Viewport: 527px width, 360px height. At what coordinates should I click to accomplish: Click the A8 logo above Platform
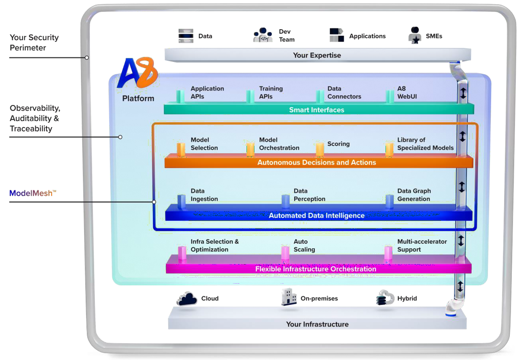137,73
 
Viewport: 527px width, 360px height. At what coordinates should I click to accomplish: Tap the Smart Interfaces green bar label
316,110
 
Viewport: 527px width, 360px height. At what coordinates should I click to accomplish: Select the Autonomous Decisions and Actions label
316,162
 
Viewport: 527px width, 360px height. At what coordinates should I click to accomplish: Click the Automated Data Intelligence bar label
316,216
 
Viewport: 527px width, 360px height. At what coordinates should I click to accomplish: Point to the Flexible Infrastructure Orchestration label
315,269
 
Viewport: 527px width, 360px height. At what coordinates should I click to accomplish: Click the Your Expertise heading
317,55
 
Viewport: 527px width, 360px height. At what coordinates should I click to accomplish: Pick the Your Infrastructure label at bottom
317,324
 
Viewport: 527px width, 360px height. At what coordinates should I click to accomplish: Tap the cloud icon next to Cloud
187,299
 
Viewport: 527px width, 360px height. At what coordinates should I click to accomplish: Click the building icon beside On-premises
289,297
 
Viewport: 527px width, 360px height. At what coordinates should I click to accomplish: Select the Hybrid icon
385,298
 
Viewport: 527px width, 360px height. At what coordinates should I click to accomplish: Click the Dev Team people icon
263,35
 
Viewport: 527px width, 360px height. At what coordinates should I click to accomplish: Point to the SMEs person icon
415,35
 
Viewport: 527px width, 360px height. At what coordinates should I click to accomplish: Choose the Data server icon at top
186,36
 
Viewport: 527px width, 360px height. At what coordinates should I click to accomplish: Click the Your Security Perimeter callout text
34,43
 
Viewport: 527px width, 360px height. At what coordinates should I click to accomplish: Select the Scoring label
338,144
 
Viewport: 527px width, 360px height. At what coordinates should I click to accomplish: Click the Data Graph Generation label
414,195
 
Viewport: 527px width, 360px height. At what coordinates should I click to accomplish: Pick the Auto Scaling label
304,246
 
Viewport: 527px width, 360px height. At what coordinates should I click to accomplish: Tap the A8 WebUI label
407,93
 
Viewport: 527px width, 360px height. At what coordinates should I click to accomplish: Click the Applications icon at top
337,35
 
